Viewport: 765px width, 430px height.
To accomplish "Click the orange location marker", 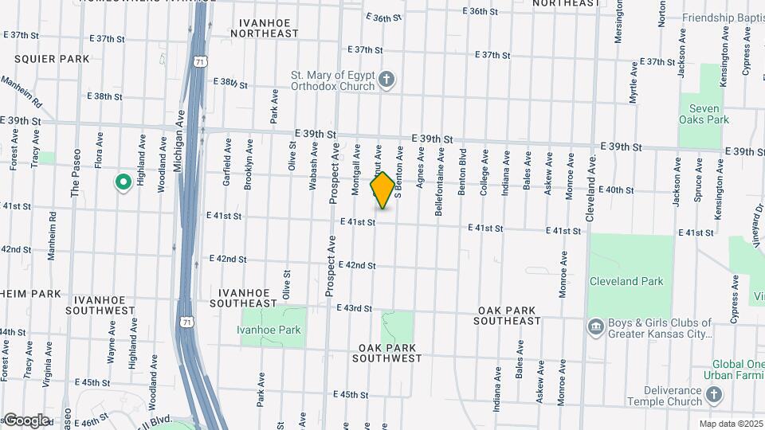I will click(x=382, y=190).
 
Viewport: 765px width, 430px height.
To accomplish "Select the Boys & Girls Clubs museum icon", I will click(x=595, y=327).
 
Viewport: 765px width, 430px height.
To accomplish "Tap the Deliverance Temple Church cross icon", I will click(x=714, y=394).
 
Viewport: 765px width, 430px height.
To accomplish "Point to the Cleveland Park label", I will click(x=626, y=281).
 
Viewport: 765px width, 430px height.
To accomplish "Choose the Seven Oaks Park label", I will click(x=704, y=114).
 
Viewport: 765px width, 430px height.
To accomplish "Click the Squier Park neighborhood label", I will click(x=52, y=59).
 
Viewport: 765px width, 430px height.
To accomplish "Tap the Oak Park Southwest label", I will click(x=390, y=353).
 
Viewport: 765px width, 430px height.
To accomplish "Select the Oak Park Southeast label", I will click(x=509, y=315).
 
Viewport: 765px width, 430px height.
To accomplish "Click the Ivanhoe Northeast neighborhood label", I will click(x=264, y=28).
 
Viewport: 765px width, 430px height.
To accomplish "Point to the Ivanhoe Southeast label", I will click(x=244, y=298).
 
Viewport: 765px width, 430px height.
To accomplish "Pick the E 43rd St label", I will click(x=355, y=308).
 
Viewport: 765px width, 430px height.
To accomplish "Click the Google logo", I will click(x=25, y=420).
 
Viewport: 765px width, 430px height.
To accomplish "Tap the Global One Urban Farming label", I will click(x=733, y=369).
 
